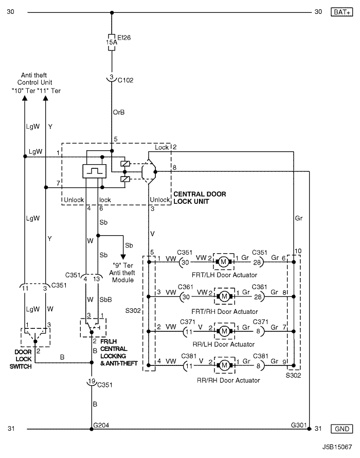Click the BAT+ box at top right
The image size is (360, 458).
[341, 12]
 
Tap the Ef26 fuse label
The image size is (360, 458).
[125, 37]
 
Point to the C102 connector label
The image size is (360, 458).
[127, 80]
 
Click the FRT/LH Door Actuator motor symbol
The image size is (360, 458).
[224, 261]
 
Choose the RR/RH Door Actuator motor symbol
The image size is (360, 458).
[224, 365]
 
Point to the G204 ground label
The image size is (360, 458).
[100, 425]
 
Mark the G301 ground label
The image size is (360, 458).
[299, 425]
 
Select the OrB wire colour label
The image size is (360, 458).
[119, 112]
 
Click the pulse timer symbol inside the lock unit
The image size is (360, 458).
[93, 170]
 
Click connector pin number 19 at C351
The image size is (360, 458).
[92, 382]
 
